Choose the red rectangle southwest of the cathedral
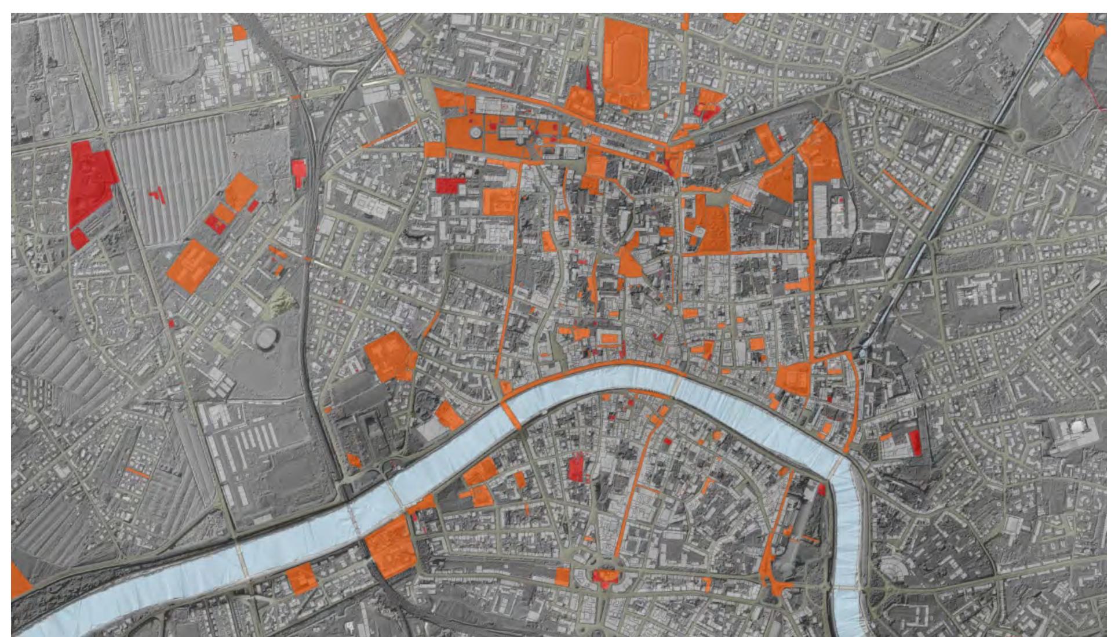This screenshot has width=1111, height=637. [x=450, y=185]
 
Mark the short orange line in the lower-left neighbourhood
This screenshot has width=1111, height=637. [x=138, y=472]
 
